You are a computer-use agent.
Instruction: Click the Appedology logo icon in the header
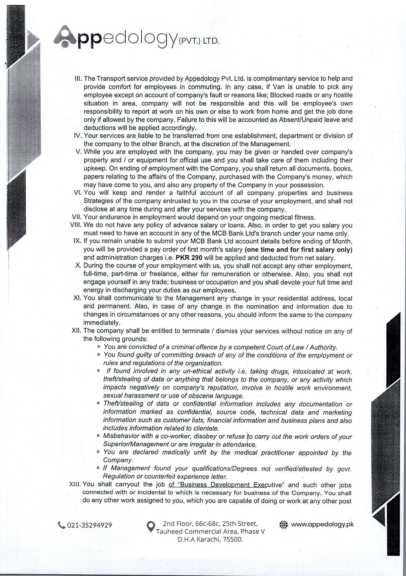click(x=65, y=37)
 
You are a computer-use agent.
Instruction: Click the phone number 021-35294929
click(x=89, y=525)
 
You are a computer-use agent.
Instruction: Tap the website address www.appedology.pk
click(x=322, y=524)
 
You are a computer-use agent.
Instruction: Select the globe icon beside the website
click(x=284, y=524)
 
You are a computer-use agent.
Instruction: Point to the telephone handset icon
click(x=61, y=525)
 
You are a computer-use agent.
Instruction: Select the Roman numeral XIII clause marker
click(x=75, y=484)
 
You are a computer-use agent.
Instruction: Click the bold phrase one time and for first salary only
click(x=298, y=250)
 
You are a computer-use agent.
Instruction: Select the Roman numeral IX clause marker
click(x=78, y=241)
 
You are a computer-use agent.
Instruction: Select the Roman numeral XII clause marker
click(x=77, y=331)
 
